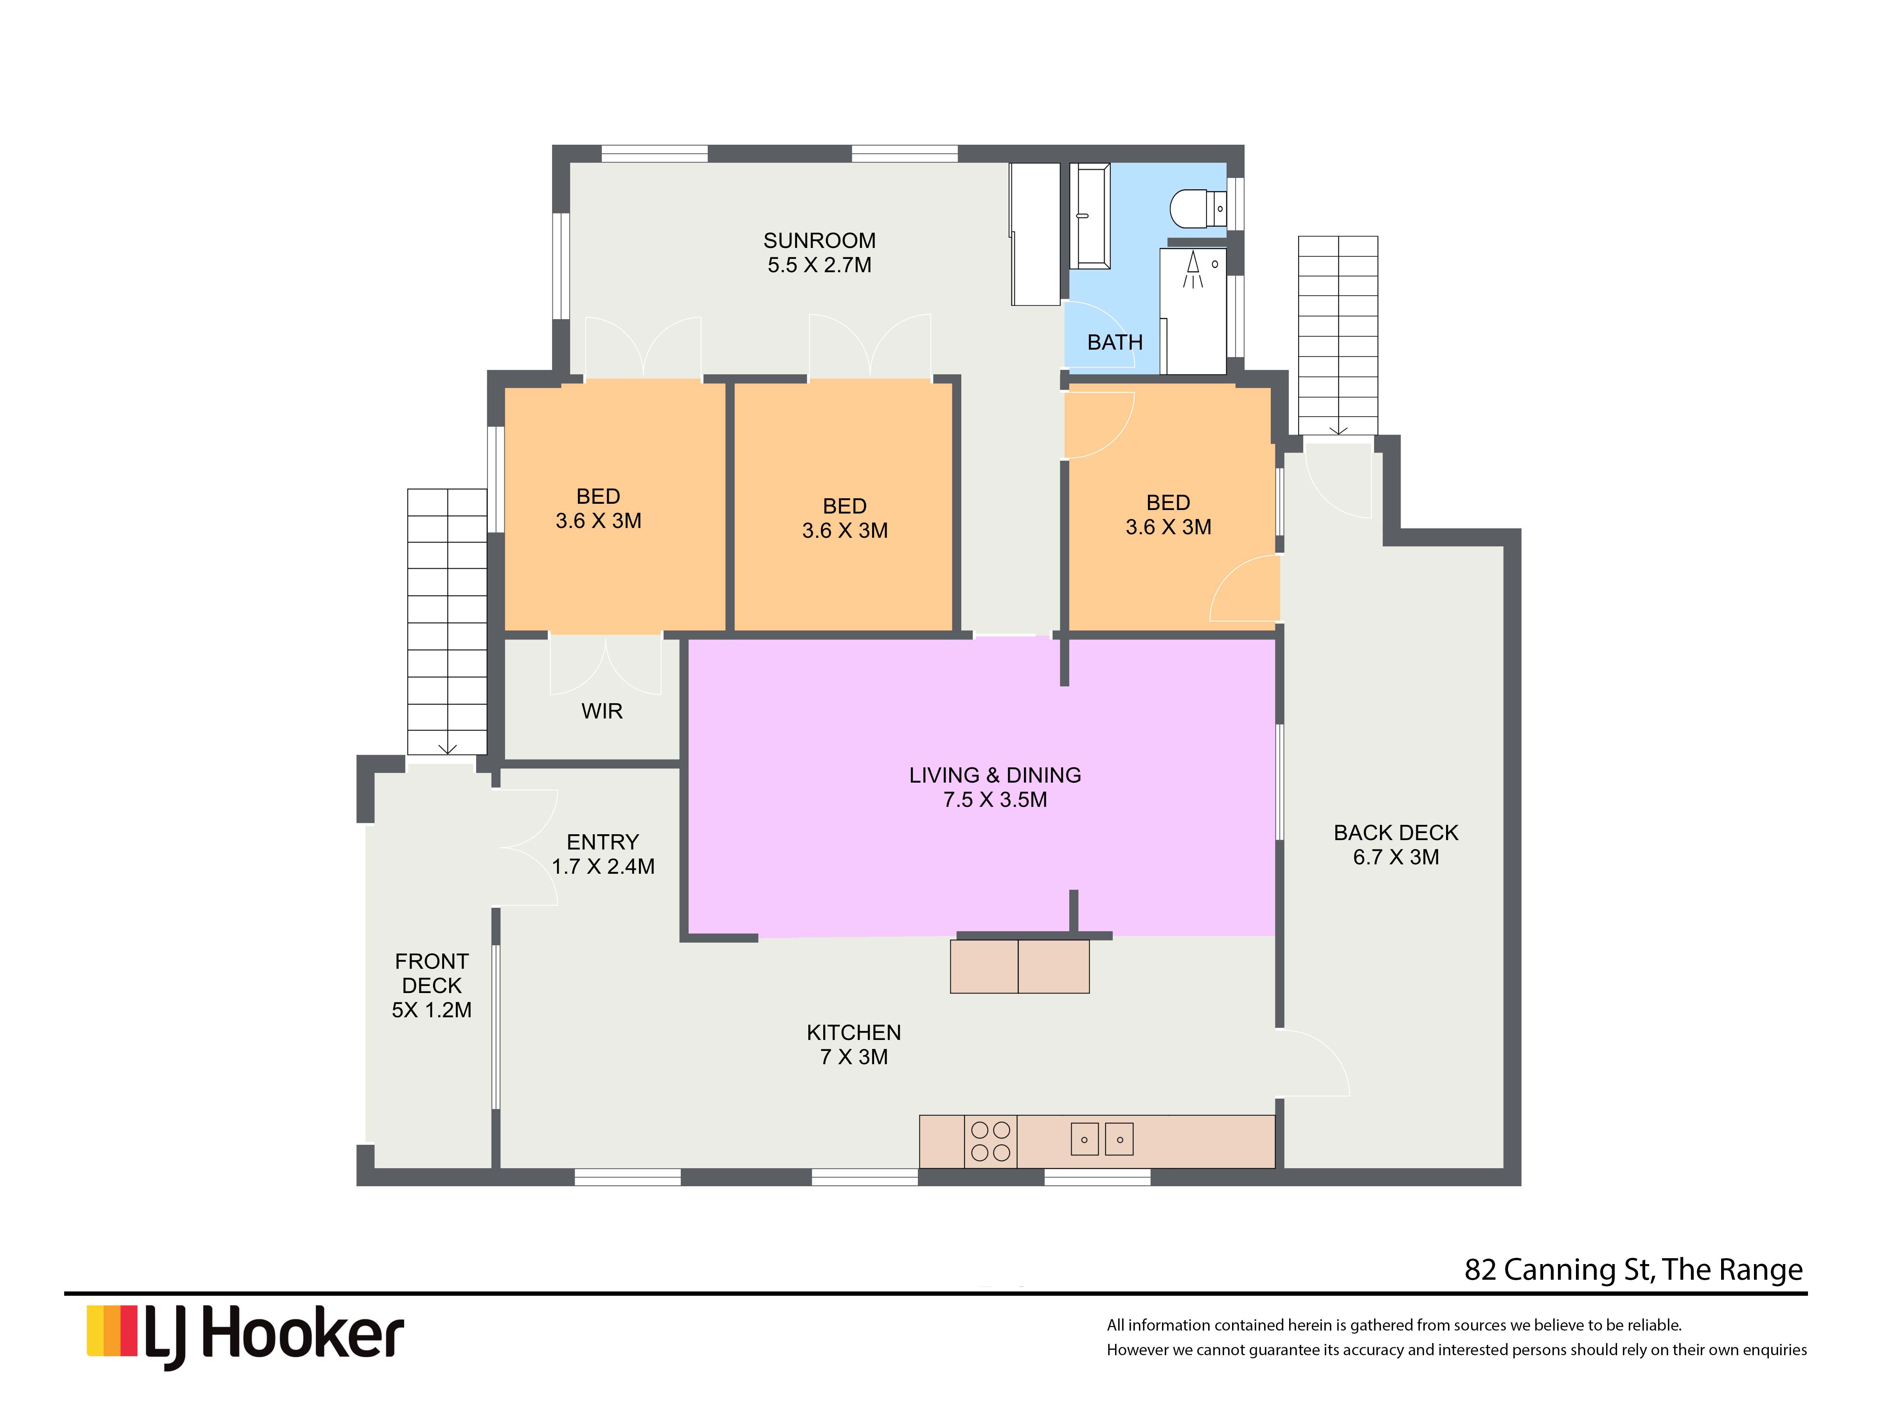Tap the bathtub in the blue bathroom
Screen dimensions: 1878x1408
tap(1089, 216)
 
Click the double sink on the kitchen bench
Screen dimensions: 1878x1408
tap(1102, 1139)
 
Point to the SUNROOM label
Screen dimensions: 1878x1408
tap(819, 241)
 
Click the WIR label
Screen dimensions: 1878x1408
tap(602, 711)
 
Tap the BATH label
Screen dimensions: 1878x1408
tap(1115, 343)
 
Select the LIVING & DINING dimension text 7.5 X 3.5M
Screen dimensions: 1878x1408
tap(995, 799)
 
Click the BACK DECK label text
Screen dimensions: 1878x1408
tap(1396, 833)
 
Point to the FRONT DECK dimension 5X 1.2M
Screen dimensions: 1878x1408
tap(431, 1010)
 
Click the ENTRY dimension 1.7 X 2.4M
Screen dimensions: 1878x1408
tap(603, 867)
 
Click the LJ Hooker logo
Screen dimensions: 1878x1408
tap(245, 1335)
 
